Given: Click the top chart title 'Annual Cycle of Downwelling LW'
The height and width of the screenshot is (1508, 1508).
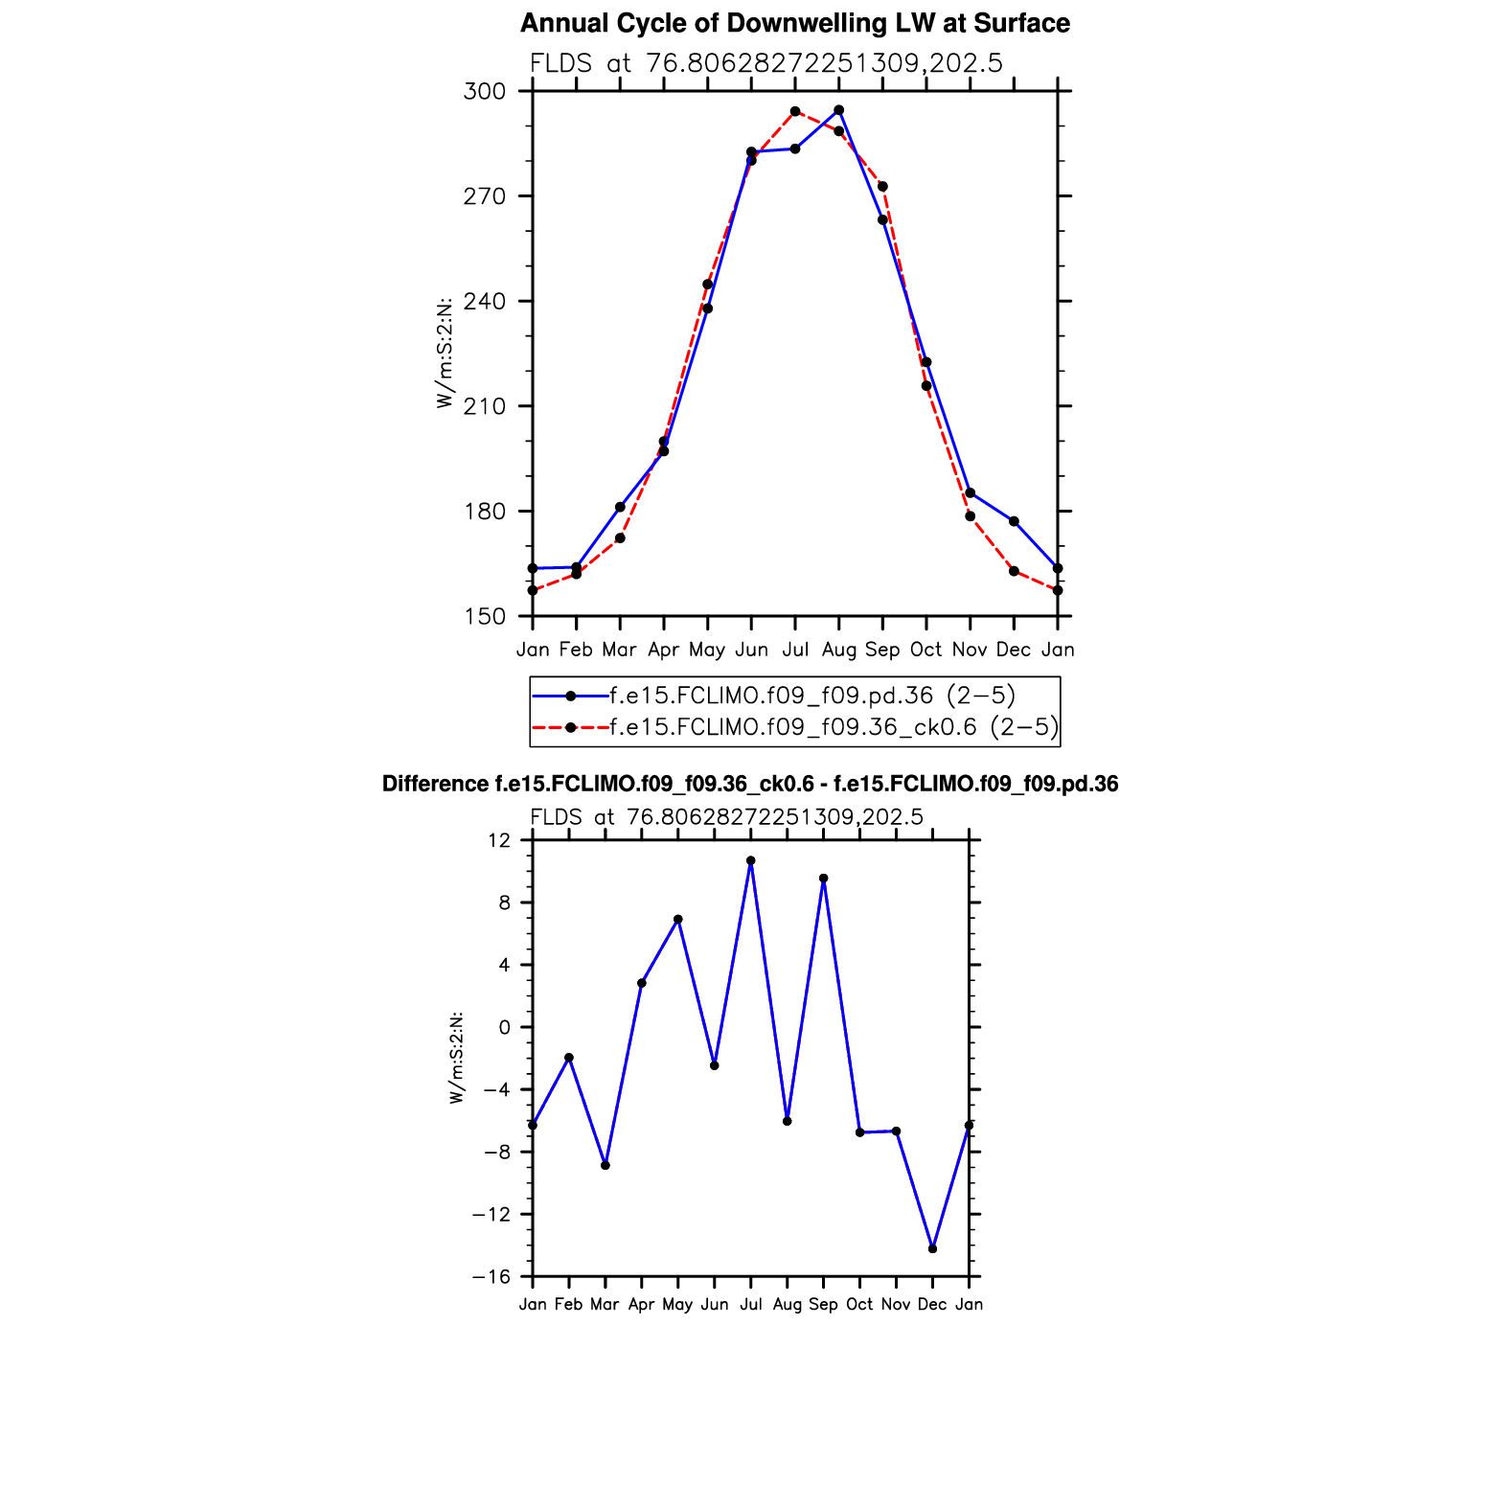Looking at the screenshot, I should pyautogui.click(x=794, y=23).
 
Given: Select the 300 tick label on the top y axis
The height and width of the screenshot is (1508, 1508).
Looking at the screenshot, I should pyautogui.click(x=484, y=92).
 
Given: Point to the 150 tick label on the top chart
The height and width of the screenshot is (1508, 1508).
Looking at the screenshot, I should pyautogui.click(x=484, y=617).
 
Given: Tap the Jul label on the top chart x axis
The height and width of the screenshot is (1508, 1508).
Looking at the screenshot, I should pyautogui.click(x=795, y=650).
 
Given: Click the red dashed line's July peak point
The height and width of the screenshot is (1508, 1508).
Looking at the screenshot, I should pyautogui.click(x=795, y=112).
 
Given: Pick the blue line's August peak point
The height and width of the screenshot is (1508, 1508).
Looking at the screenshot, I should pyautogui.click(x=839, y=110).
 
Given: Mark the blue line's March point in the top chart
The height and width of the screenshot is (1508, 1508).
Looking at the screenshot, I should pyautogui.click(x=620, y=507).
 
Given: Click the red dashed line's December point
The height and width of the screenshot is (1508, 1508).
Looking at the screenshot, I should pyautogui.click(x=1014, y=571).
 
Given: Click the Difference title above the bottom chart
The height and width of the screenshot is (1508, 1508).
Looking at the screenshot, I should pyautogui.click(x=750, y=784).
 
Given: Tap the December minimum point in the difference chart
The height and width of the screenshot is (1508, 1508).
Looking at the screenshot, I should pyautogui.click(x=932, y=1248).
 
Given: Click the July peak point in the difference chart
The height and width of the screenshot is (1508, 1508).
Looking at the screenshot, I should pyautogui.click(x=751, y=860).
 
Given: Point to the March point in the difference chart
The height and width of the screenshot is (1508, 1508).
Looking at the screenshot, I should pyautogui.click(x=605, y=1165).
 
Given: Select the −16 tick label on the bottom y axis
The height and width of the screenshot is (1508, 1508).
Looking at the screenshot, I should pyautogui.click(x=491, y=1277).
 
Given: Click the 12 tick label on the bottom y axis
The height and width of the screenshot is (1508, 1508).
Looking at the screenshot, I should pyautogui.click(x=499, y=840).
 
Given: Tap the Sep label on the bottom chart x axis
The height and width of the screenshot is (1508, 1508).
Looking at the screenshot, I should pyautogui.click(x=823, y=1304).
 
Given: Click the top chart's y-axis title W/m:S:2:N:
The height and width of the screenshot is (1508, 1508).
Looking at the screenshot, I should pyautogui.click(x=445, y=353).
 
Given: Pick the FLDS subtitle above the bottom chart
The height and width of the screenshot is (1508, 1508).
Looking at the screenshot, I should pyautogui.click(x=726, y=817).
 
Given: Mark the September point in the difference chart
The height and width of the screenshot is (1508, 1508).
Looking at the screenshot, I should pyautogui.click(x=823, y=879).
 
